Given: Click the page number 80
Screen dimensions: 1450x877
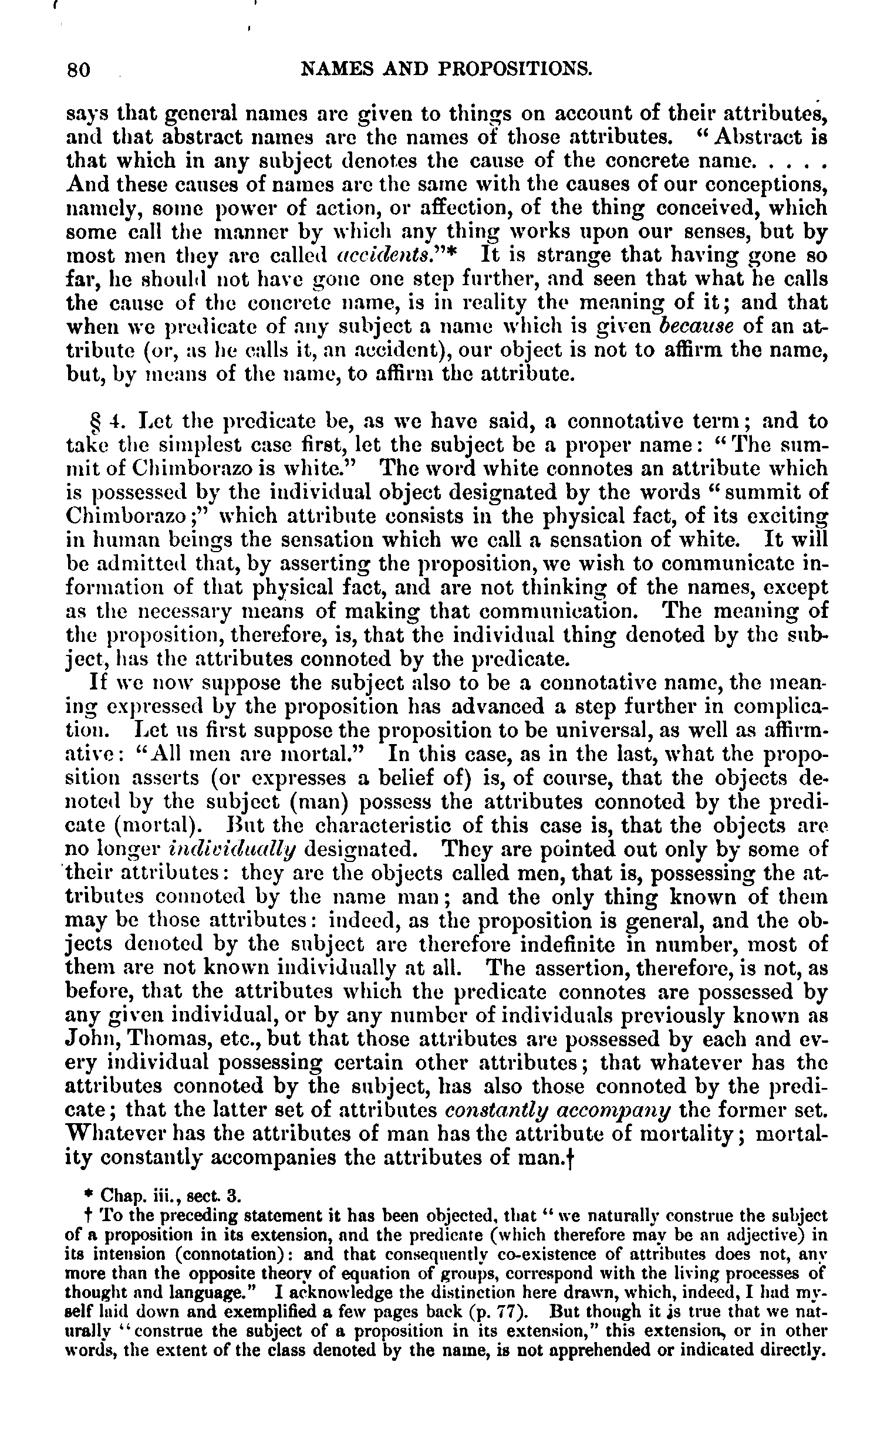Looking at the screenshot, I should coord(77,70).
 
